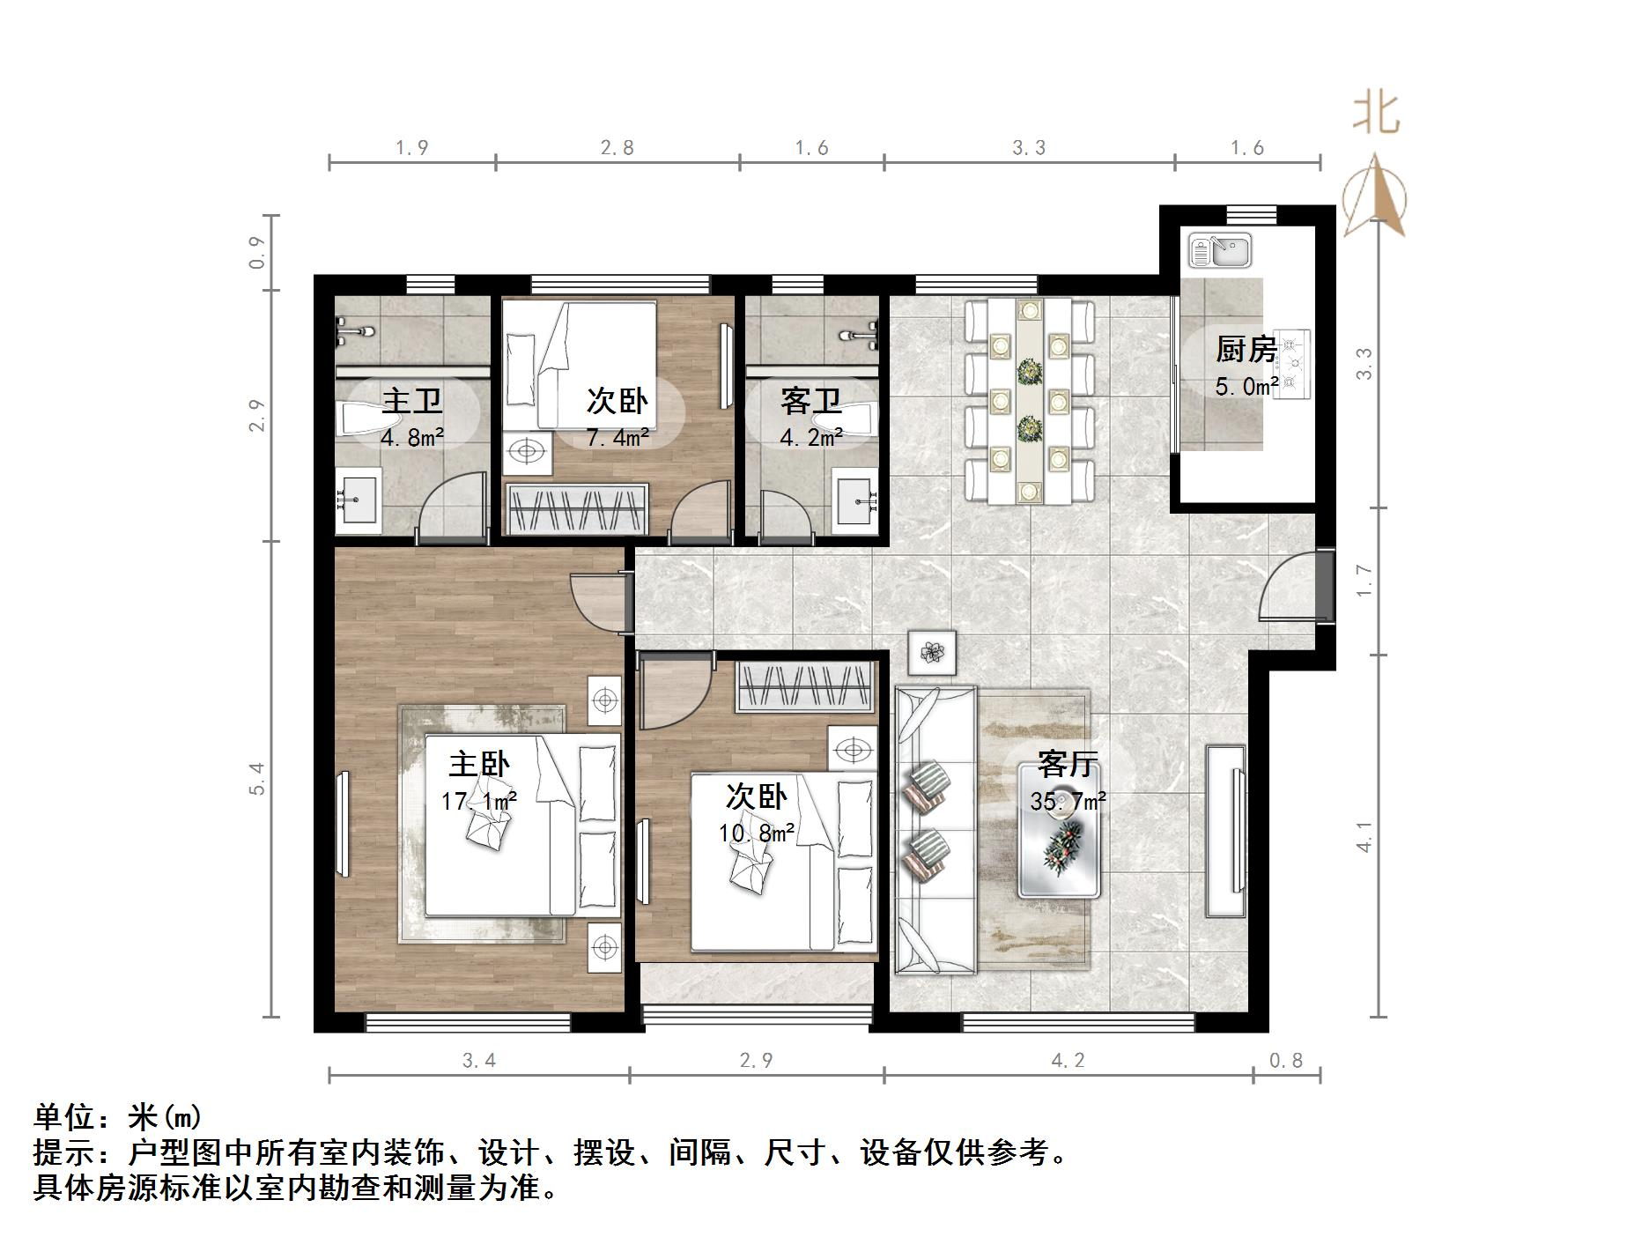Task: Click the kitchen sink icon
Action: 1220,250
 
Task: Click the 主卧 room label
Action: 479,764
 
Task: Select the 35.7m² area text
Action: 1069,802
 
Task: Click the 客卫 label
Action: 811,402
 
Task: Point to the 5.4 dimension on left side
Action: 257,779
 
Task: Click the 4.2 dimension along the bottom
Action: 1068,1061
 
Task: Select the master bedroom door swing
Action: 599,601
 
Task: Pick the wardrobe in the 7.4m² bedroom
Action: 576,509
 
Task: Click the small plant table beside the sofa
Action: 932,653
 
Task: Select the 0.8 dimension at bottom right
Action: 1285,1061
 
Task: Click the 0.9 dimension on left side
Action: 257,253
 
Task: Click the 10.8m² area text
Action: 756,832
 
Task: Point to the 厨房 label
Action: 1246,350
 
